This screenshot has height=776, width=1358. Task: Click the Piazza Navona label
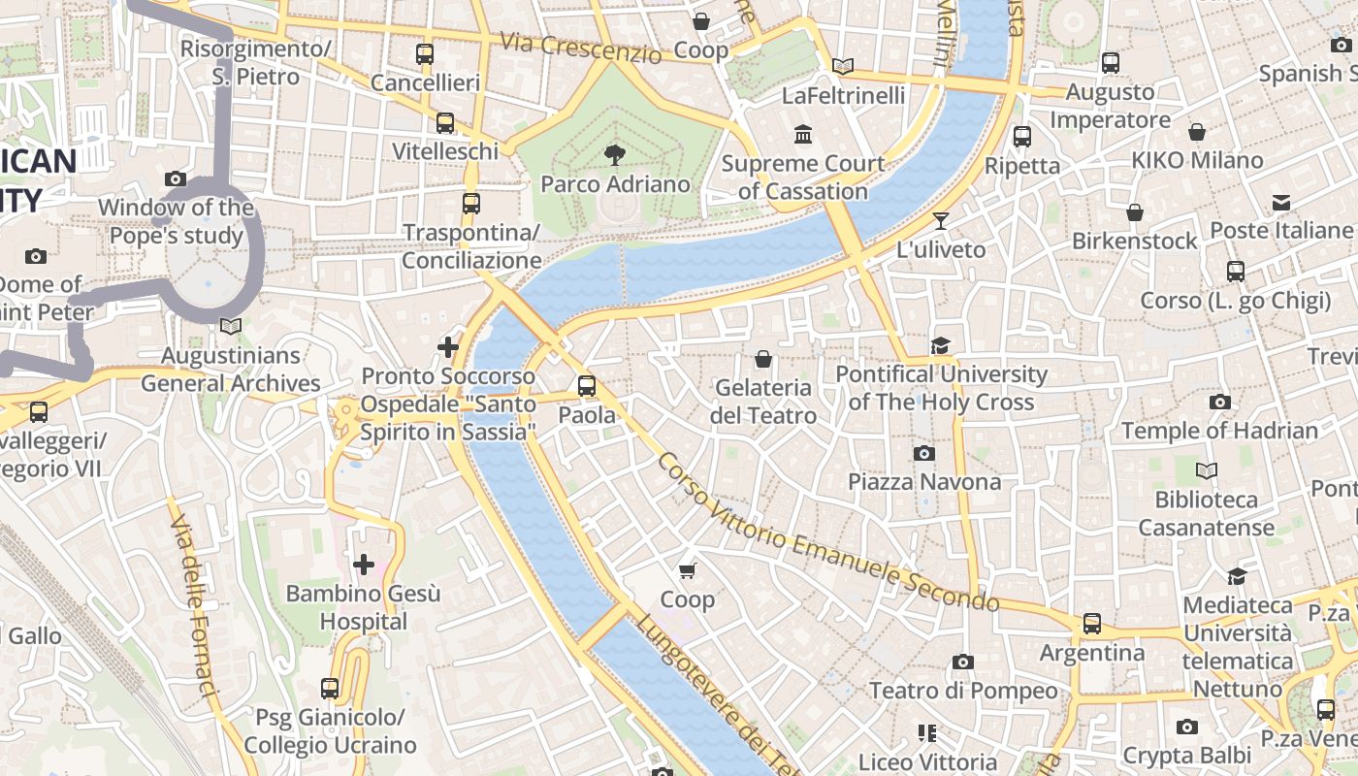[x=923, y=482]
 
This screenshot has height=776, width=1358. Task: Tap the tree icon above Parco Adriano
[x=614, y=154]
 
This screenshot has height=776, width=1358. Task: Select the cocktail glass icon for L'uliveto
[x=940, y=220]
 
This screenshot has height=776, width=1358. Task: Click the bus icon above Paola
[x=587, y=385]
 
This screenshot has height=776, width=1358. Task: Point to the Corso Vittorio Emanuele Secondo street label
[x=827, y=533]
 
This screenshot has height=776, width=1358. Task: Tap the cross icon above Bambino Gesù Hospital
[x=364, y=564]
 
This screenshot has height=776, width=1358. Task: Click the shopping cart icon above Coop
[x=688, y=570]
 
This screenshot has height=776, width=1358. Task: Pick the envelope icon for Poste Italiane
[x=1281, y=202]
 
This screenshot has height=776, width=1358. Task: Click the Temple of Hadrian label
[x=1219, y=430]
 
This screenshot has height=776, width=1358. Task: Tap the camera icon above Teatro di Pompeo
[x=962, y=662]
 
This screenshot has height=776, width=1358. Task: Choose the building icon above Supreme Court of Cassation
[x=803, y=134]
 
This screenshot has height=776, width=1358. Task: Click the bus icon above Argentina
[x=1092, y=624]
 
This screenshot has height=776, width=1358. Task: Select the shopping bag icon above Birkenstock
[x=1134, y=211]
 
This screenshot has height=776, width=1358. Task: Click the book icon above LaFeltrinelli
[x=843, y=66]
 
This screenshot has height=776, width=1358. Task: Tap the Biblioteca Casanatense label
[x=1206, y=514]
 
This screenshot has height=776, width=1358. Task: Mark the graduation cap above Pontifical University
[x=940, y=345]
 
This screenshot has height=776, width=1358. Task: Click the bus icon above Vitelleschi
[x=445, y=123]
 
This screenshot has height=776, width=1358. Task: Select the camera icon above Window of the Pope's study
[x=176, y=178]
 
